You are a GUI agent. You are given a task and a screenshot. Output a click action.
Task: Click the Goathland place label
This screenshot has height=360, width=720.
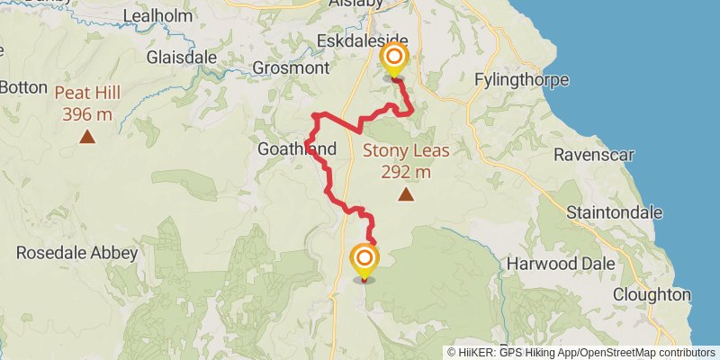(x=297, y=149)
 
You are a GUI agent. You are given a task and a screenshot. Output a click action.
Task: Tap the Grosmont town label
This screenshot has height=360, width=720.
(x=291, y=67)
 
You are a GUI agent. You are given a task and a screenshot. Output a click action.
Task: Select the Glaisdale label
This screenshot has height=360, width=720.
(x=182, y=57)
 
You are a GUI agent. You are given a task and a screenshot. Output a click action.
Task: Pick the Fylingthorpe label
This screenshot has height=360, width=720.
(x=525, y=80)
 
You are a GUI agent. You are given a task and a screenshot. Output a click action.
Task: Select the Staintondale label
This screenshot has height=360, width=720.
(x=615, y=212)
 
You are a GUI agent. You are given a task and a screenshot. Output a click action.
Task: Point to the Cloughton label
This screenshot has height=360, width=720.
(x=652, y=294)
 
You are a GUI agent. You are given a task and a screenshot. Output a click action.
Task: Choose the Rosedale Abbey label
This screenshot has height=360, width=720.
(x=77, y=253)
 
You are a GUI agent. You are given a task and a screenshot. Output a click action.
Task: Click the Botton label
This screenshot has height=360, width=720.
(x=17, y=87)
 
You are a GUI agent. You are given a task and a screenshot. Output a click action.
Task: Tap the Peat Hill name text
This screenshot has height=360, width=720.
(x=87, y=93)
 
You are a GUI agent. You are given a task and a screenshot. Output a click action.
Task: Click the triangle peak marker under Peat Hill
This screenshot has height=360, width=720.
(x=87, y=137)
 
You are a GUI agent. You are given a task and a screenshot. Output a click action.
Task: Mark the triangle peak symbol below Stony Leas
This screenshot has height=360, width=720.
(x=407, y=193)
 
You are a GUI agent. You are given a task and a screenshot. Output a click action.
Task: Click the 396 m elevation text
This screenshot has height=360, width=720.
(x=87, y=114)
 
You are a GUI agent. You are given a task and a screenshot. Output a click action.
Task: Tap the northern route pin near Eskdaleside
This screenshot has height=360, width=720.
(x=394, y=61)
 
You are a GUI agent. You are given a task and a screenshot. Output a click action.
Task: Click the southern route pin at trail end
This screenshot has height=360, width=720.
(x=364, y=261)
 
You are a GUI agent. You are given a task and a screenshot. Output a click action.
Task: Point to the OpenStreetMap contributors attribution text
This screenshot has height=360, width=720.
(x=646, y=353)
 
